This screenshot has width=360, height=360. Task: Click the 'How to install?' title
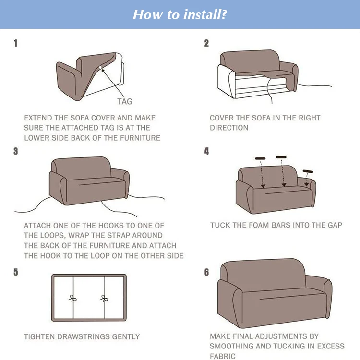[180, 14]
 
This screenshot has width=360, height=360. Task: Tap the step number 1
[16, 43]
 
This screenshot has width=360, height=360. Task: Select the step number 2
[206, 43]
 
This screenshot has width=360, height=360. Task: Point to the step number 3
[16, 151]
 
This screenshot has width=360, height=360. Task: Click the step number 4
[206, 151]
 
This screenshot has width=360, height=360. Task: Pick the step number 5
[16, 272]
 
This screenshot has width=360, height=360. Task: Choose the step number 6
[206, 272]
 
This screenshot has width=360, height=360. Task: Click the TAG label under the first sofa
[124, 101]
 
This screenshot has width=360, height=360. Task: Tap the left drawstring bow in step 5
[73, 298]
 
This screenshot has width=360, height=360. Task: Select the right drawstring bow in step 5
[104, 298]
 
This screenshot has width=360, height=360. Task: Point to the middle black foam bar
[281, 157]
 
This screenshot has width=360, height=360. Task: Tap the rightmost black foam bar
[308, 171]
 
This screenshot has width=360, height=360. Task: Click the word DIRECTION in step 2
[229, 128]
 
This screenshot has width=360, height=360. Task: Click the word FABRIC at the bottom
[223, 356]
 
